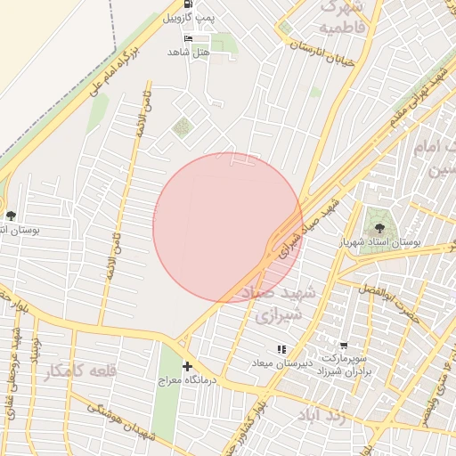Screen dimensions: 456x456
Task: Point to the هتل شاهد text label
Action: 187,53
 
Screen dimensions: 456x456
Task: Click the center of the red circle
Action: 228,227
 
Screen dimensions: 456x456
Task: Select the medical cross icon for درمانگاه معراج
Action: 187,366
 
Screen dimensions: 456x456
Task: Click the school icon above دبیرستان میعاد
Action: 281,349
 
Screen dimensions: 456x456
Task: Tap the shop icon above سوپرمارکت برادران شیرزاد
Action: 344,346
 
